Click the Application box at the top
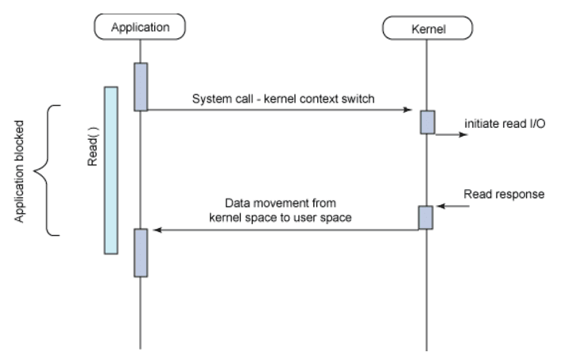pyautogui.click(x=141, y=26)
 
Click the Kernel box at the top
pyautogui.click(x=428, y=29)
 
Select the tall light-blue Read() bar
pyautogui.click(x=111, y=170)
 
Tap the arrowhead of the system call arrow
pyautogui.click(x=406, y=110)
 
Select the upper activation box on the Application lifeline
pyautogui.click(x=141, y=86)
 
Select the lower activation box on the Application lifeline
pyautogui.click(x=141, y=252)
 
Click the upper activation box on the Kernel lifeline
pyautogui.click(x=428, y=122)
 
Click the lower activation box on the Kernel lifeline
pyautogui.click(x=426, y=218)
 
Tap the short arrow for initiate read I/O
pyautogui.click(x=451, y=134)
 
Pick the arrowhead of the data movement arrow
pyautogui.click(x=157, y=230)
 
